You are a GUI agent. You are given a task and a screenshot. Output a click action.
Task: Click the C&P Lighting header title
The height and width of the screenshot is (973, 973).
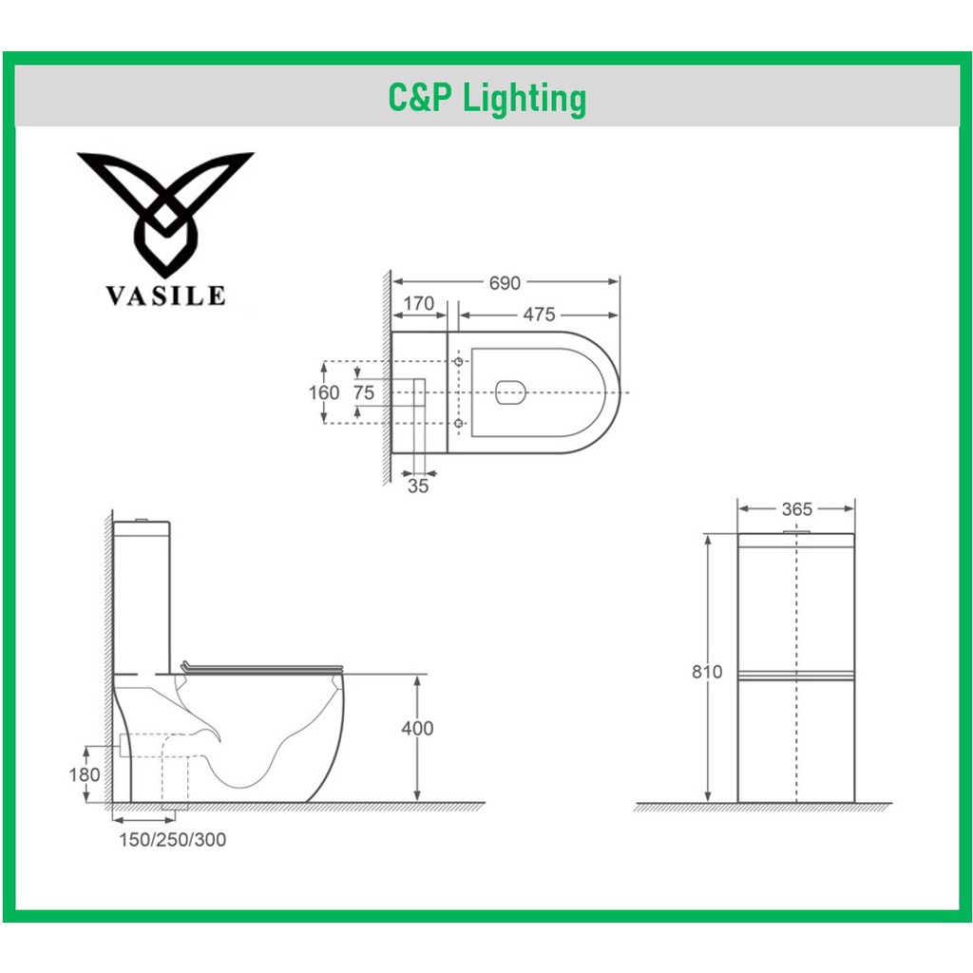coord(486,98)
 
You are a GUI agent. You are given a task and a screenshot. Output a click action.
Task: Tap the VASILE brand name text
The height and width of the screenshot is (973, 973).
coord(165,296)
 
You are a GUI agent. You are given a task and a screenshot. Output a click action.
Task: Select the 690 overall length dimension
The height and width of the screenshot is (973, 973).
coord(505,283)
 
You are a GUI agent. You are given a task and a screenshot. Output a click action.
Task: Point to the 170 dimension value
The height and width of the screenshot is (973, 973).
coord(419,304)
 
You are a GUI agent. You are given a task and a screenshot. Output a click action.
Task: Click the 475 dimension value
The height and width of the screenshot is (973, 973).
coord(538,315)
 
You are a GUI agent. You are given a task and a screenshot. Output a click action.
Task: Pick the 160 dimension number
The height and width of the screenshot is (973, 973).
coord(324,392)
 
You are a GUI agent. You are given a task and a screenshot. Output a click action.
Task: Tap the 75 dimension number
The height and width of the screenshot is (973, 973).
coord(364,392)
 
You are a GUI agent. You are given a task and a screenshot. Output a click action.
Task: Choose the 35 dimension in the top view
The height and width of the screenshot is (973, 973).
coord(418,486)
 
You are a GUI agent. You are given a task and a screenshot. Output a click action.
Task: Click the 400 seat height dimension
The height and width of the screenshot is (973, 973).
coord(416,729)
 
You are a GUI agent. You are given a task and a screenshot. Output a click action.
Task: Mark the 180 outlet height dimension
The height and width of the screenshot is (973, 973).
coord(86,774)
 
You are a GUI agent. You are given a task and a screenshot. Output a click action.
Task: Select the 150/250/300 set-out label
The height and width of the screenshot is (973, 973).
coord(172,840)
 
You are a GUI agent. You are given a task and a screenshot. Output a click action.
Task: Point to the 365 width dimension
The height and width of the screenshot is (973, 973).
coord(796,508)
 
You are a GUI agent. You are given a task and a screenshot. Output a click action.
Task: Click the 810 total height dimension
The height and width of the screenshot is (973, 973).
coord(707,672)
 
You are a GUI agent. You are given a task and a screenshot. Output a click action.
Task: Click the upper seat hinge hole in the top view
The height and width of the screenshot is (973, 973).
coord(459,363)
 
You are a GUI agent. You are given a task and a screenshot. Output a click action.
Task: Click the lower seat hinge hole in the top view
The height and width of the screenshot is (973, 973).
coord(459,422)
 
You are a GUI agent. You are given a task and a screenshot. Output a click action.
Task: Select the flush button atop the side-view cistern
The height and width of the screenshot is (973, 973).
coord(143,520)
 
